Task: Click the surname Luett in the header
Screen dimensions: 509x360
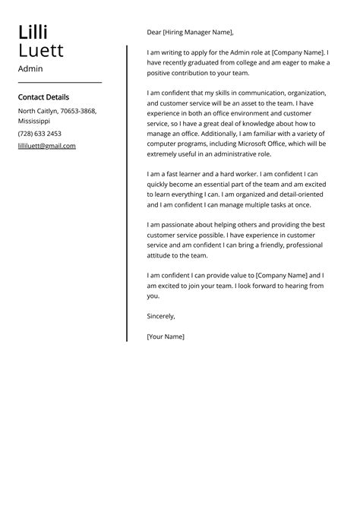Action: [x=40, y=51]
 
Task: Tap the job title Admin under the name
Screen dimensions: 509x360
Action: [x=30, y=68]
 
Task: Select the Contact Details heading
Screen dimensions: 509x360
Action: [x=43, y=97]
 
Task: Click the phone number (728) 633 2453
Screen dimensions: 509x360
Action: [x=39, y=133]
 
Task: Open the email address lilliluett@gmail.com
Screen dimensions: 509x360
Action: [x=46, y=146]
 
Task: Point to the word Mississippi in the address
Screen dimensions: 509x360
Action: [x=34, y=121]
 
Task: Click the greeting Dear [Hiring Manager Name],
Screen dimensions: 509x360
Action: [x=191, y=33]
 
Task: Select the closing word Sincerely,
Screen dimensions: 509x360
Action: [x=161, y=316]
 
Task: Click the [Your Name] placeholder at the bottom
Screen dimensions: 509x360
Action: [x=166, y=336]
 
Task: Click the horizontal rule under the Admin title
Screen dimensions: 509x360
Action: [x=59, y=82]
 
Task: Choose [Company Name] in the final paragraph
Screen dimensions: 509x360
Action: [x=283, y=275]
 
